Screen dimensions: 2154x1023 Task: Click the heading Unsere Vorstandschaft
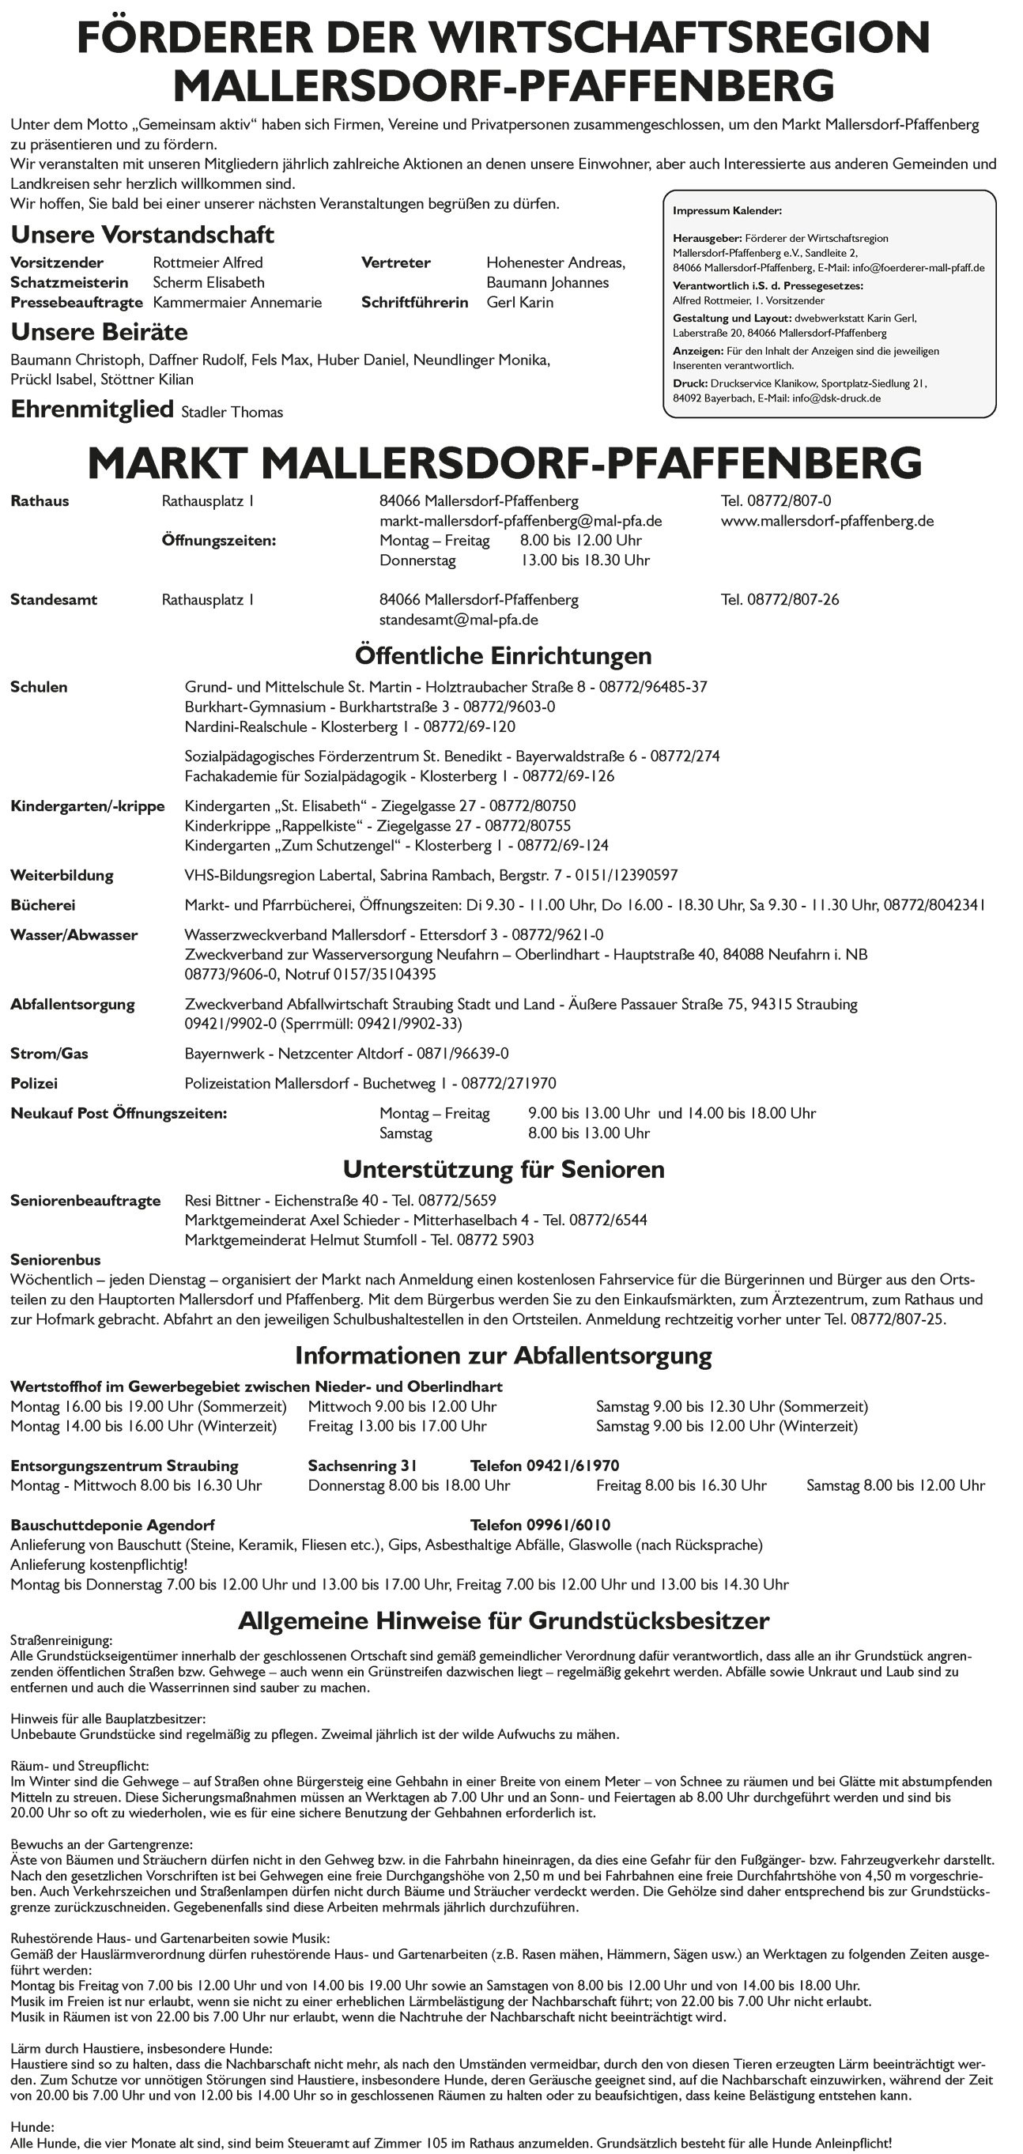[x=142, y=234]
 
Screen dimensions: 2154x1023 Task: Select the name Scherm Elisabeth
[x=208, y=283]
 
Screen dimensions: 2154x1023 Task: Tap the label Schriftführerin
[x=414, y=303]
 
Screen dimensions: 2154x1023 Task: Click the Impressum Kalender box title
[x=727, y=212]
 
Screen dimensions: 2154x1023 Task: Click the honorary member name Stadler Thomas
[x=232, y=413]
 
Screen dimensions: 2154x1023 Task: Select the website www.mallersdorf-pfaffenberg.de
[x=826, y=521]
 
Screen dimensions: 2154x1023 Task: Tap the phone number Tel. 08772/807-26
[x=780, y=599]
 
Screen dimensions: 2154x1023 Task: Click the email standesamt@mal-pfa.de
[x=459, y=620]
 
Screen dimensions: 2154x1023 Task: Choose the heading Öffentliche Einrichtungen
[x=503, y=654]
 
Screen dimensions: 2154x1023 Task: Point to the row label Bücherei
[x=43, y=905]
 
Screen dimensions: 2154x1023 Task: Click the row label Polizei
[x=34, y=1084]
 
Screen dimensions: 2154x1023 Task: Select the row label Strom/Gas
[x=49, y=1054]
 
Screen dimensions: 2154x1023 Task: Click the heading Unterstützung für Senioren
[x=504, y=1168]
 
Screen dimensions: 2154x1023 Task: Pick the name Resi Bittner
[x=222, y=1201]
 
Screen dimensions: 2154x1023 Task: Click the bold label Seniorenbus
[x=55, y=1260]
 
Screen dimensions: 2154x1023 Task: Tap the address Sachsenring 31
[x=362, y=1466]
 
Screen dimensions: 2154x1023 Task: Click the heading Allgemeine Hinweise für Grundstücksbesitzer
[x=504, y=1620]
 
